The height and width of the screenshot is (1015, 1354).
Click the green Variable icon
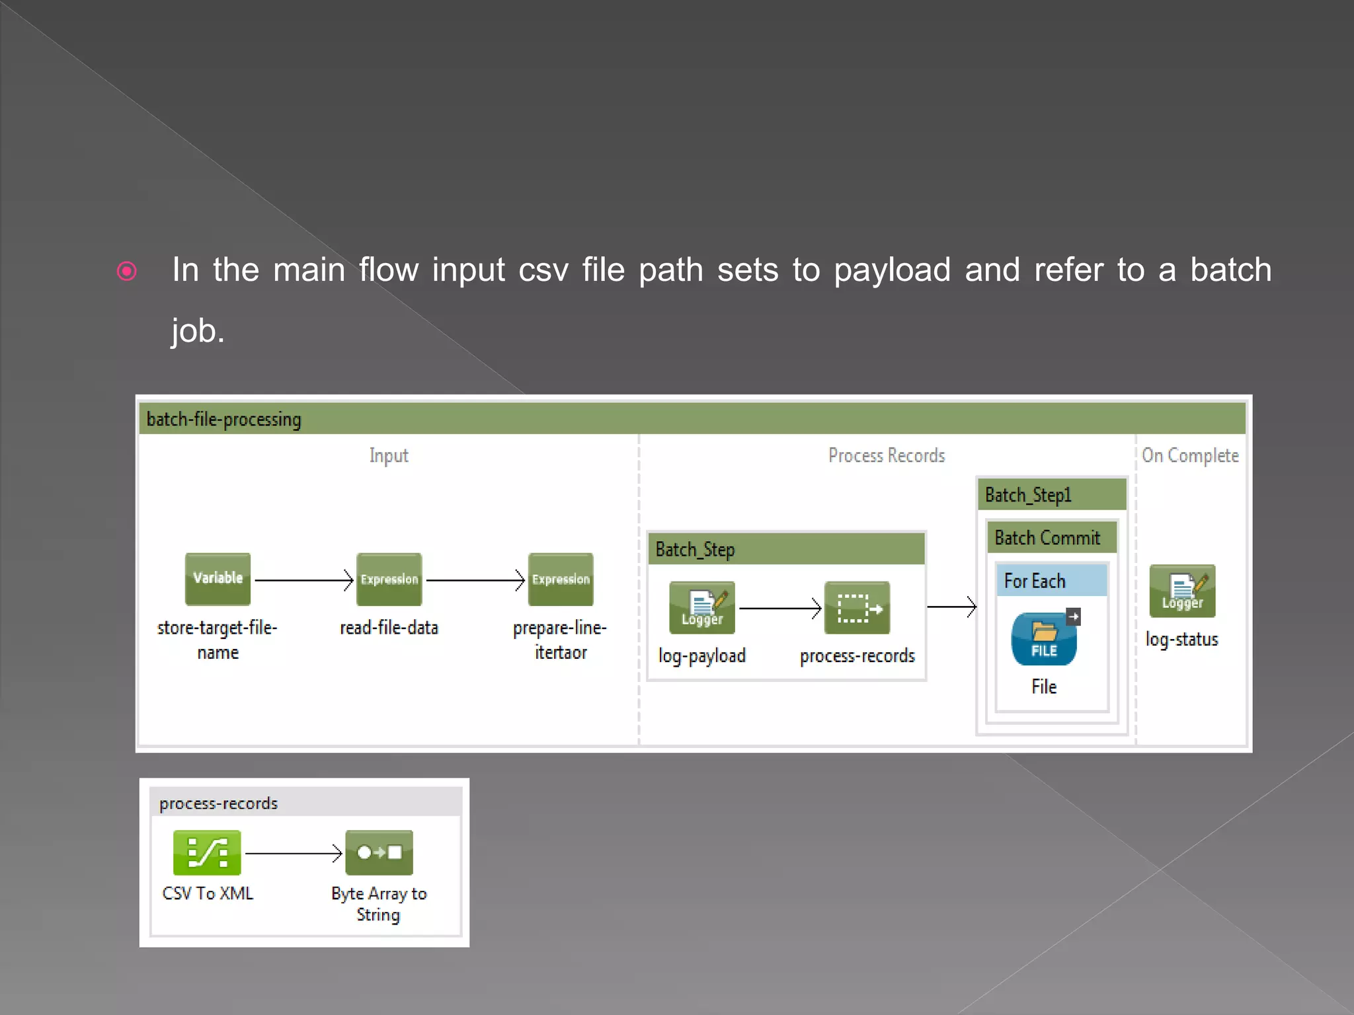point(218,579)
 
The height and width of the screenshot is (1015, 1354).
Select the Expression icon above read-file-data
point(389,579)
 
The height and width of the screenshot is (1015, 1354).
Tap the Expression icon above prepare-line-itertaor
point(561,579)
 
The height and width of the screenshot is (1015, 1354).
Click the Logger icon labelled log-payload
point(701,607)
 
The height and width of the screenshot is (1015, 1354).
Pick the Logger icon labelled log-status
point(1182,591)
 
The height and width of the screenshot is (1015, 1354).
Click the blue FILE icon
point(1044,639)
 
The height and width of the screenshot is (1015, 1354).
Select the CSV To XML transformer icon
point(207,852)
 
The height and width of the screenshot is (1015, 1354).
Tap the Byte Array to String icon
point(379,852)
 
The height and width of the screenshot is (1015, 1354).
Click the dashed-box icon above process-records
point(857,607)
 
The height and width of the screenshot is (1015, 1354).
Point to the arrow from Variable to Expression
point(303,580)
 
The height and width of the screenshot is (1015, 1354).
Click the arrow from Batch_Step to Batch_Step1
point(951,606)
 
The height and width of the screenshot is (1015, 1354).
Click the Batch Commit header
point(1047,538)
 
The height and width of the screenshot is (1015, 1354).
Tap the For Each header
point(1035,581)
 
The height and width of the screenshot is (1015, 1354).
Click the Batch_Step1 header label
point(1028,495)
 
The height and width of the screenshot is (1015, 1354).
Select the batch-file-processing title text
point(223,420)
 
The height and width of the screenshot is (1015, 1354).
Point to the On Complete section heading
point(1190,455)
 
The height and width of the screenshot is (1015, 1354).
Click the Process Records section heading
point(887,455)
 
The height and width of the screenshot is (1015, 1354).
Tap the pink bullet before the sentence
point(126,271)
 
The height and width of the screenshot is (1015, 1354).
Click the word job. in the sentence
point(198,331)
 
